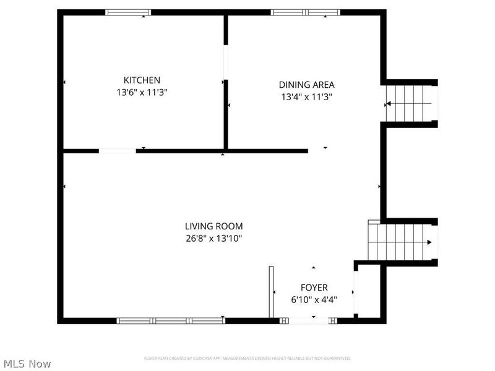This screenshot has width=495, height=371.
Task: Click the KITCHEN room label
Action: (142, 80)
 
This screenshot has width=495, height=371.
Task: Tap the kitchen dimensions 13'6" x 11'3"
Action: (142, 93)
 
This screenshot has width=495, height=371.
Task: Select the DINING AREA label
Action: (307, 85)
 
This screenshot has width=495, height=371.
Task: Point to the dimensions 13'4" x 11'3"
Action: (307, 96)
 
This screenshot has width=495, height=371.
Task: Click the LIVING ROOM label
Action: (213, 226)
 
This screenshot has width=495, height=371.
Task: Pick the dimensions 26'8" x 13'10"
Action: (213, 239)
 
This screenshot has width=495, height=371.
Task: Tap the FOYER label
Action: (314, 288)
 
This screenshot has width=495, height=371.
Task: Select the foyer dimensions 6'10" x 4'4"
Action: (314, 299)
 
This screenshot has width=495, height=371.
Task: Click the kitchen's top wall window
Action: (128, 12)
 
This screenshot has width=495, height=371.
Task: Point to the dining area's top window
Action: (306, 12)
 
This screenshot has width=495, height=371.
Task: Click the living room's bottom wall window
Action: (171, 320)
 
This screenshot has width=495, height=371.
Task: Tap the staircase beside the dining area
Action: (409, 103)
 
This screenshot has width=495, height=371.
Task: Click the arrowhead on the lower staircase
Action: (429, 242)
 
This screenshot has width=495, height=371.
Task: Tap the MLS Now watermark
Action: (27, 364)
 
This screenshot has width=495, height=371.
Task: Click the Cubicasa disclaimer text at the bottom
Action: (247, 358)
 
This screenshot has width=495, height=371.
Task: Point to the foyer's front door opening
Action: (308, 320)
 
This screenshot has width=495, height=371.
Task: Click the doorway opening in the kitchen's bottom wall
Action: (118, 150)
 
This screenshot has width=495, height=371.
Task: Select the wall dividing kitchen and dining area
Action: (226, 117)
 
